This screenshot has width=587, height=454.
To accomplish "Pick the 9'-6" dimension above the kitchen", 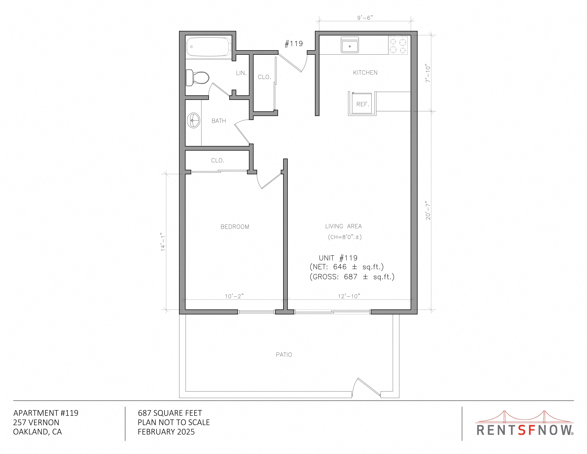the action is pos(365,18).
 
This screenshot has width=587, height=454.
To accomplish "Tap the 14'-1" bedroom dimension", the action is pos(163,242).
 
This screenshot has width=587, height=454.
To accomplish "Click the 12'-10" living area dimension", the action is pos(349,296).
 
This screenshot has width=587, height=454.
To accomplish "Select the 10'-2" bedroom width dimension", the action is pos(234,296).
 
